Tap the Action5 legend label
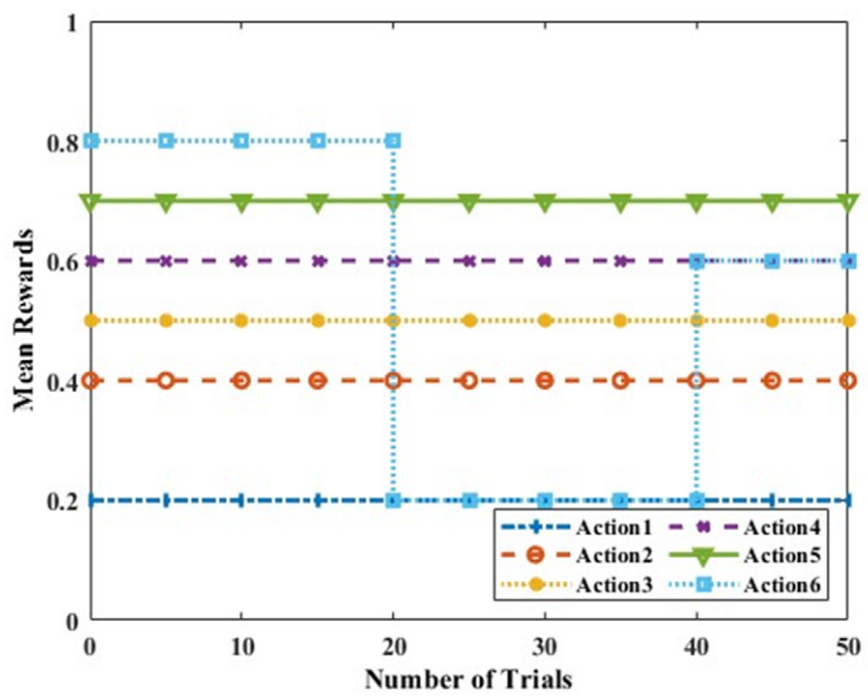[x=781, y=556]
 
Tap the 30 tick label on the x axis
[x=545, y=648]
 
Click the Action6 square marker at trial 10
[x=242, y=141]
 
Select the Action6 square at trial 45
[x=772, y=261]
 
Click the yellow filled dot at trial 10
[x=242, y=321]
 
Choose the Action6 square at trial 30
[x=545, y=501]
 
